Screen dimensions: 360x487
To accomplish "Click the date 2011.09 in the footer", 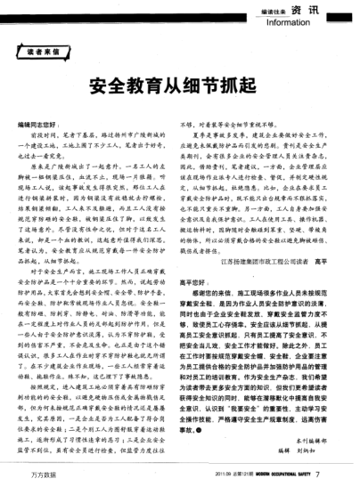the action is click(x=209, y=476).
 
